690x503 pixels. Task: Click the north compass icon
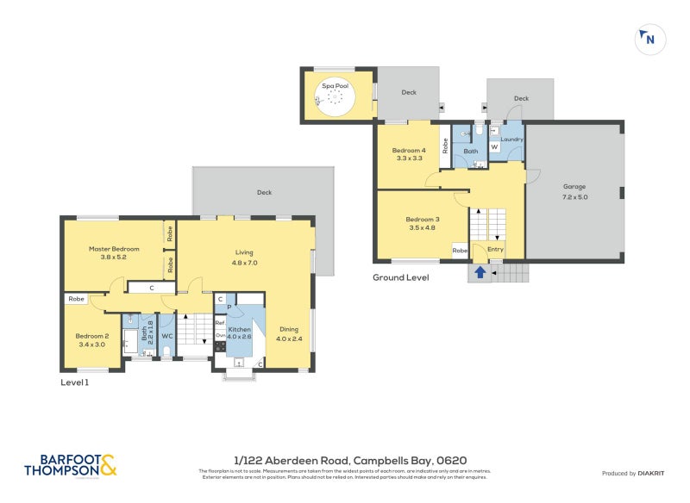pyautogui.click(x=648, y=38)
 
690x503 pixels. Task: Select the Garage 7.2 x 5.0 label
pyautogui.click(x=575, y=191)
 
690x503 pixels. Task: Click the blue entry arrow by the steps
pyautogui.click(x=480, y=273)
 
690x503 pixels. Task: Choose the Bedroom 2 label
pyautogui.click(x=91, y=339)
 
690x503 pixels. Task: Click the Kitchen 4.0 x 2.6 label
pyautogui.click(x=239, y=333)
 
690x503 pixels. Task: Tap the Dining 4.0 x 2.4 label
pyautogui.click(x=289, y=333)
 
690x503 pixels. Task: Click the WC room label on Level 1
pyautogui.click(x=167, y=335)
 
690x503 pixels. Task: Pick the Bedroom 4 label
pyautogui.click(x=410, y=153)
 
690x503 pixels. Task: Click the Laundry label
pyautogui.click(x=511, y=140)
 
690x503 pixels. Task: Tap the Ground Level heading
pyautogui.click(x=400, y=277)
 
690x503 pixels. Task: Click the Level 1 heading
pyautogui.click(x=74, y=382)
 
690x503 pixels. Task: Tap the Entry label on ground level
pyautogui.click(x=495, y=250)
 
